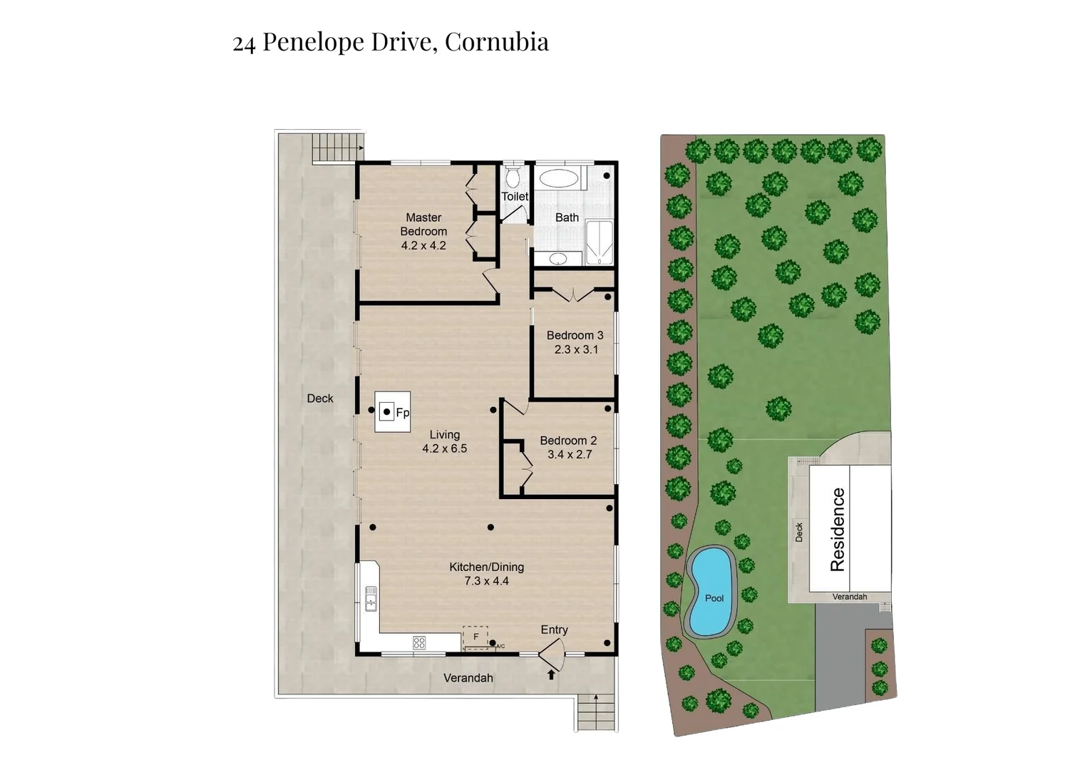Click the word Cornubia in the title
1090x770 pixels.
coord(496,42)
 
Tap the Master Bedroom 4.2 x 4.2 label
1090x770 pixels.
coord(423,232)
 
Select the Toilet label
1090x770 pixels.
coord(515,197)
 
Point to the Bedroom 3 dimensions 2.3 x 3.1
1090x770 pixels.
coord(576,350)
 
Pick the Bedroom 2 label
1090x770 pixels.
coord(568,441)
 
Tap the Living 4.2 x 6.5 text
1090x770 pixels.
coord(444,441)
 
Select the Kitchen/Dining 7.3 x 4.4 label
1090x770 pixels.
coord(486,574)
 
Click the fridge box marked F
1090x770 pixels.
coord(475,637)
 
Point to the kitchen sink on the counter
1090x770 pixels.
coord(371,599)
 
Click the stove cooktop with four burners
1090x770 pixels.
coord(419,643)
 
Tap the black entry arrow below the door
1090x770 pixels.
coord(551,674)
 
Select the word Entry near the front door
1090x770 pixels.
coord(554,630)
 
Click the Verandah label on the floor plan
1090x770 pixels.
coord(468,678)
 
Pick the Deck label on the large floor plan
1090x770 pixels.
coord(320,399)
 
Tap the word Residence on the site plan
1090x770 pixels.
coord(838,529)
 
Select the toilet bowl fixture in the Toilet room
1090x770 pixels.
coord(513,178)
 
